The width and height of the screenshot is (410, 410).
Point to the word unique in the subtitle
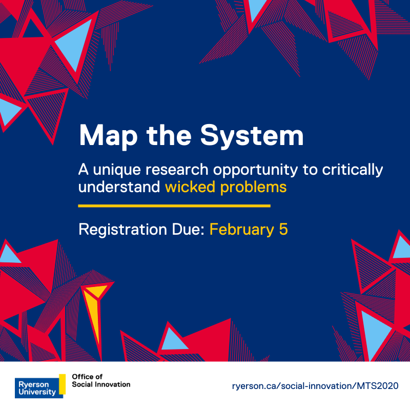tap(114, 170)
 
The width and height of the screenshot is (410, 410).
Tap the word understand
tap(119, 187)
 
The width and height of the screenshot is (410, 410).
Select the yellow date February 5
tap(249, 229)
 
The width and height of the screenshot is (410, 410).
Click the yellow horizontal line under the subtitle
tap(174, 206)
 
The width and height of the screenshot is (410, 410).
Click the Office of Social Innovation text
tap(101, 380)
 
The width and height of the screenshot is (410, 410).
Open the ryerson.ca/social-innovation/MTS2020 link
tap(315, 385)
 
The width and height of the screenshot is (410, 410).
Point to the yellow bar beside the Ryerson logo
tap(63, 383)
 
